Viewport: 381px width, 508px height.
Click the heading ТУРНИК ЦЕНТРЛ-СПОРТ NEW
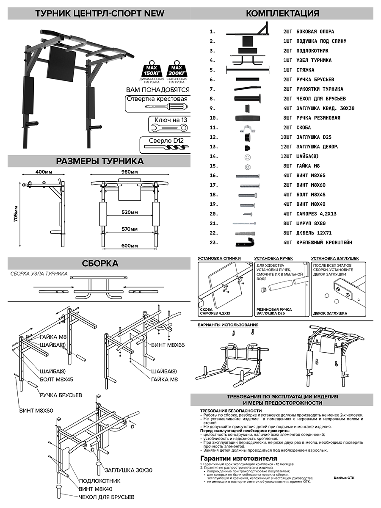tap(96, 13)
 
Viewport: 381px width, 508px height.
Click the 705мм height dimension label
tap(16, 214)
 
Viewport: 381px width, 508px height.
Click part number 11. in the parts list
tap(214, 127)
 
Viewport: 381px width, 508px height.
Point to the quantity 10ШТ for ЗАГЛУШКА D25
tap(287, 137)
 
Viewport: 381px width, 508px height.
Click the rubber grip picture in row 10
tap(246, 118)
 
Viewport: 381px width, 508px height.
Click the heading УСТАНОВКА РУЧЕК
tap(273, 258)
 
